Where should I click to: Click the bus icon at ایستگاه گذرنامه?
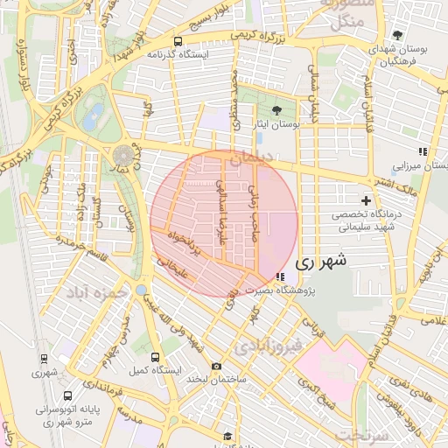[x=178, y=41]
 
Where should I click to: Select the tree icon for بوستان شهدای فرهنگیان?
[x=398, y=35]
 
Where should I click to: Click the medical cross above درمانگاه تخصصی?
[x=366, y=201]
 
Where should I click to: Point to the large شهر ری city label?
[x=321, y=260]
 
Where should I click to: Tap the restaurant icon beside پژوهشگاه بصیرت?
[x=278, y=277]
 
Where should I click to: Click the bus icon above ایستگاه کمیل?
[x=156, y=358]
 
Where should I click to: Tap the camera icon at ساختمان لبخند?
[x=217, y=367]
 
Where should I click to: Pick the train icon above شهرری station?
[x=44, y=358]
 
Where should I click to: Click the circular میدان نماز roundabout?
[x=121, y=156]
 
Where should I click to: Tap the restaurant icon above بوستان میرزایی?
[x=423, y=151]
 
